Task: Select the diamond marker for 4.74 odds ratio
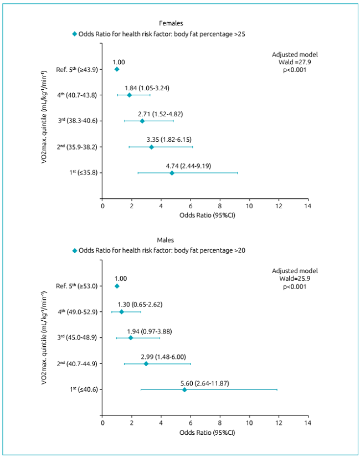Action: click(172, 173)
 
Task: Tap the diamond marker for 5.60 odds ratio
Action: click(184, 389)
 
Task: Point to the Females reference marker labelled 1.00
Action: click(116, 69)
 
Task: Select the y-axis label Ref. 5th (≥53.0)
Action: click(77, 286)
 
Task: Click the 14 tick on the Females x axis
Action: click(308, 206)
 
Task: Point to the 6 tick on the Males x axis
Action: click(191, 423)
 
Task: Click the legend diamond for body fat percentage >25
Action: click(75, 34)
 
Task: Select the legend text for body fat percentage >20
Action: click(162, 250)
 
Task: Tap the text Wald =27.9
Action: click(295, 63)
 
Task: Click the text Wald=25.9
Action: click(295, 279)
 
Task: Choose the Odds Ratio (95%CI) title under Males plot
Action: click(205, 432)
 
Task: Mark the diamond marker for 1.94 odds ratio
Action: click(131, 338)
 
